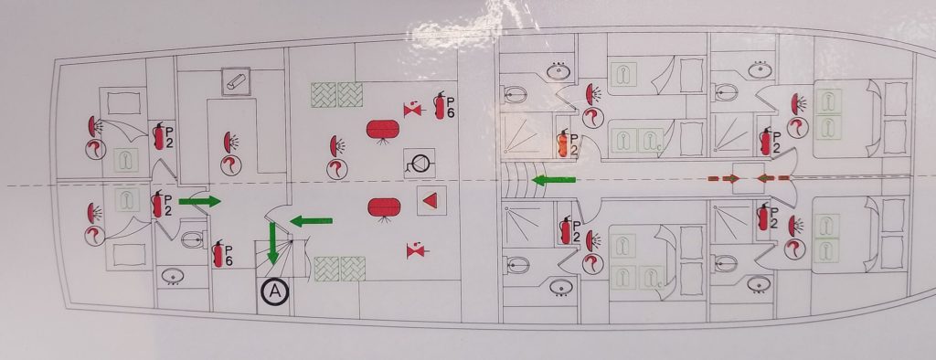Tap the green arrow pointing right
point(199,201)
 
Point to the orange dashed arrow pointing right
point(725,178)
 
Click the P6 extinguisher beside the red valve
point(443,103)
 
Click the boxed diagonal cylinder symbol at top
point(236,81)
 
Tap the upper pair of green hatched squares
point(337,95)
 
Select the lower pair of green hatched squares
point(340,268)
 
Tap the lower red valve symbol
point(414,249)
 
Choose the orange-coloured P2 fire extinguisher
point(565,144)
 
